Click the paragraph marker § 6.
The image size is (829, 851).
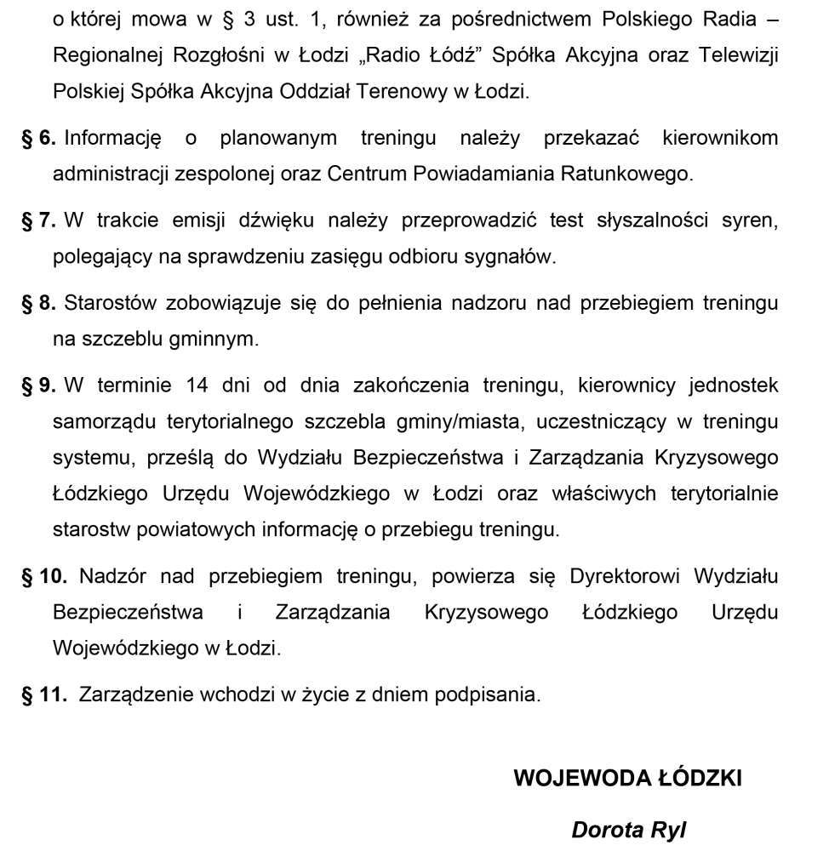click(38, 138)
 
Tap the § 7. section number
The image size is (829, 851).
click(38, 221)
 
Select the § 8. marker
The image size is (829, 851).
click(38, 303)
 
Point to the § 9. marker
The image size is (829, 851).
click(38, 386)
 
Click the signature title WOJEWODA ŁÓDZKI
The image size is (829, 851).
click(627, 778)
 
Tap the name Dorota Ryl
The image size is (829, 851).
click(628, 829)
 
